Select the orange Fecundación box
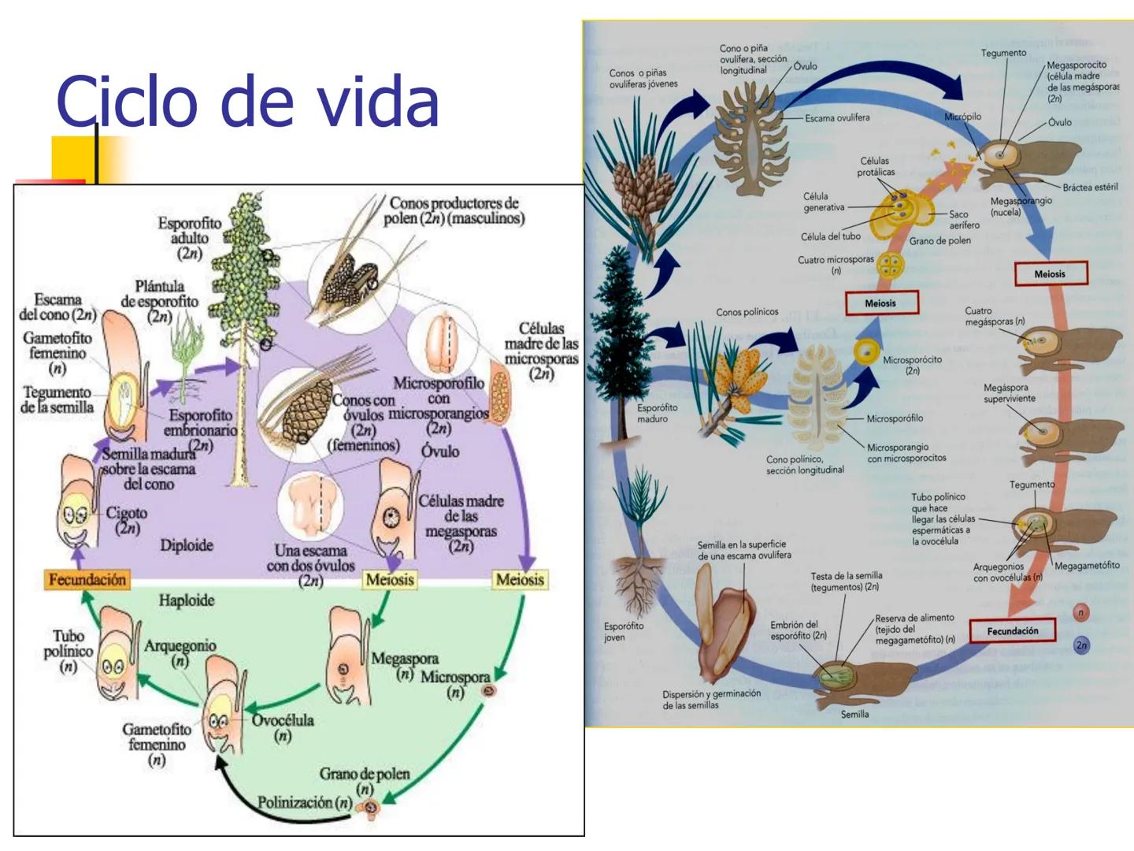[x=87, y=580]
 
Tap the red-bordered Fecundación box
[x=1013, y=630]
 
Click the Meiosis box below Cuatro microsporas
[x=880, y=303]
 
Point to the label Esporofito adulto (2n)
[x=189, y=237]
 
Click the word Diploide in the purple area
[x=187, y=545]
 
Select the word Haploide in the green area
[x=187, y=600]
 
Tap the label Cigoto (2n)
[x=127, y=520]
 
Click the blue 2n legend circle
[x=1082, y=645]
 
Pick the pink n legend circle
[x=1081, y=613]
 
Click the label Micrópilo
[x=962, y=117]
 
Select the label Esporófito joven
[x=624, y=631]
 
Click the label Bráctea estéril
[x=1090, y=188]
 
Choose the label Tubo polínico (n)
[x=69, y=651]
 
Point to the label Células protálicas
[x=876, y=166]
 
